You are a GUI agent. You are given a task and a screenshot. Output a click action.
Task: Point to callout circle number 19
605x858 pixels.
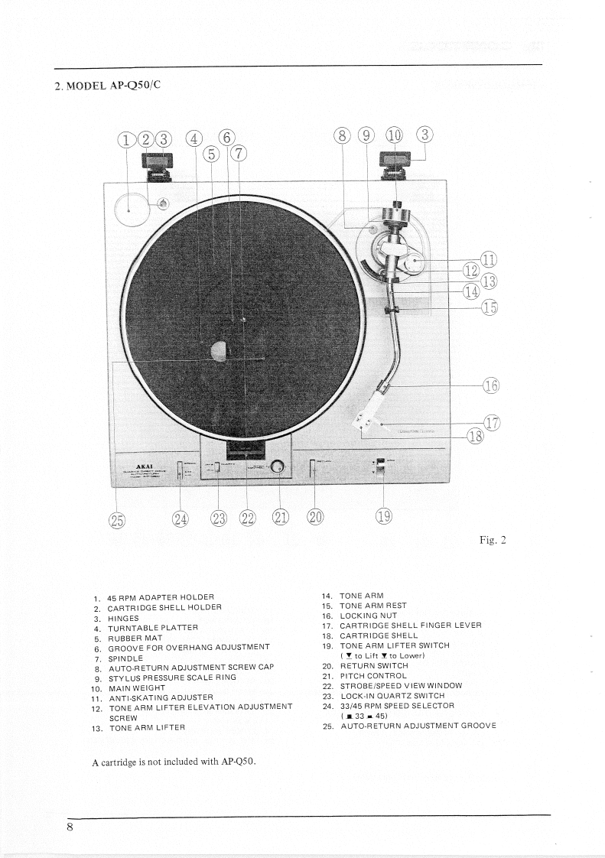click(x=383, y=517)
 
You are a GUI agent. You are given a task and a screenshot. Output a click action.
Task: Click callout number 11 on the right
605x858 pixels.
click(x=486, y=258)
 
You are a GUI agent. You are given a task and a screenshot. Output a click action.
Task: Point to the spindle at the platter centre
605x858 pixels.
click(x=243, y=320)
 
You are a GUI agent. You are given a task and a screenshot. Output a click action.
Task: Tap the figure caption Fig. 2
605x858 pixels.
click(x=493, y=541)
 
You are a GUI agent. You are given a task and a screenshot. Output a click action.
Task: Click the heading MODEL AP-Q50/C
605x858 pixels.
click(x=107, y=85)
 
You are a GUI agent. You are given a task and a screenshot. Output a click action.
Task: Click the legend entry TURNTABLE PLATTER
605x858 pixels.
click(x=152, y=626)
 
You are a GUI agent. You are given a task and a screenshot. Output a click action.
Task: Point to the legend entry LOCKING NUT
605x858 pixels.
click(x=369, y=616)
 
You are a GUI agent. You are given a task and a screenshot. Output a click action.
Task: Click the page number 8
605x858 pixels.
click(x=70, y=827)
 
